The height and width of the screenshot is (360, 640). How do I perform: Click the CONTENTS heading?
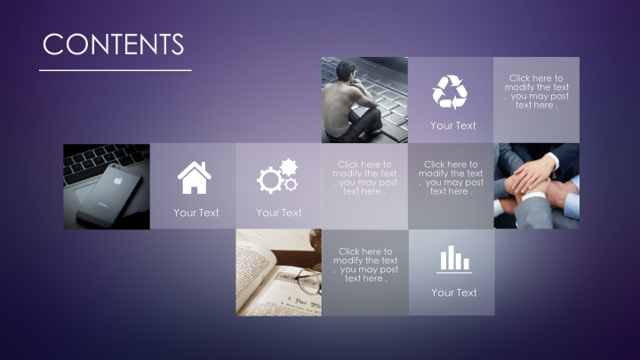(114, 44)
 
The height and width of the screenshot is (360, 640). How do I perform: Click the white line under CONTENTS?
(116, 70)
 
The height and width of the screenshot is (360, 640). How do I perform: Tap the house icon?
(195, 178)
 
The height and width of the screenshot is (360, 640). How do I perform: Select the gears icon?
(277, 176)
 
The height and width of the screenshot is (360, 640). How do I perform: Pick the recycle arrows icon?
(450, 92)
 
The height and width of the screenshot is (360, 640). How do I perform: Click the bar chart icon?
(454, 260)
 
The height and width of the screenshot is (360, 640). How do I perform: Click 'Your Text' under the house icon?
(196, 212)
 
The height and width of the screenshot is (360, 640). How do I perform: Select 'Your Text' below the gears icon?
(279, 212)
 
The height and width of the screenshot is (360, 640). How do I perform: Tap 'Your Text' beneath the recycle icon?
(453, 125)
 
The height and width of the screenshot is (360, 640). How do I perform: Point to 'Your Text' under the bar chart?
(454, 292)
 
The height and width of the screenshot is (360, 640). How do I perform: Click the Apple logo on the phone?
(118, 180)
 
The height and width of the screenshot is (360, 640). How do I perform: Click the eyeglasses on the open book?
(308, 280)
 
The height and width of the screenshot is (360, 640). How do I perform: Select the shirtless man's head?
(346, 71)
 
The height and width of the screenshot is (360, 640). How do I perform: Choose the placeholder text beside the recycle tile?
(536, 92)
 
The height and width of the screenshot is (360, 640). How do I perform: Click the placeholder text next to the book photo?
(365, 265)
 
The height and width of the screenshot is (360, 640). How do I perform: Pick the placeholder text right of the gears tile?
(364, 178)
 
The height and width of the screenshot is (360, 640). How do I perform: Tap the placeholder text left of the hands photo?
(451, 178)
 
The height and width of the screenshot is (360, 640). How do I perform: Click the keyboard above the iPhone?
(103, 161)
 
